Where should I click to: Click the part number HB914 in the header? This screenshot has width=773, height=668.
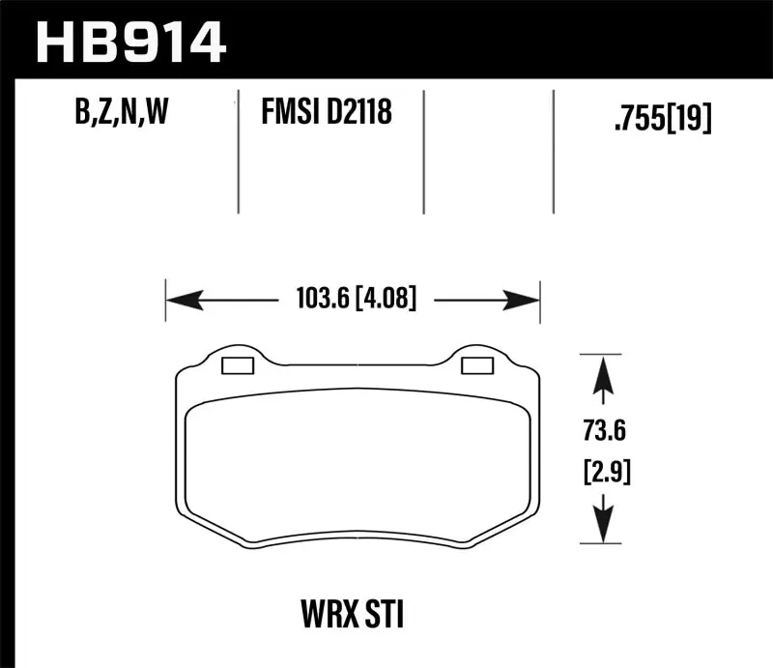click(x=130, y=42)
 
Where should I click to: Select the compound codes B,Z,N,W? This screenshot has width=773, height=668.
click(x=121, y=115)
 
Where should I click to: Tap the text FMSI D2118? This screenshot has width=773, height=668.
click(x=326, y=115)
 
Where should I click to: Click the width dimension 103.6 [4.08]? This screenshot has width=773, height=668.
click(x=352, y=301)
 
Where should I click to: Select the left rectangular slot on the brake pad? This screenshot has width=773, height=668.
click(x=237, y=365)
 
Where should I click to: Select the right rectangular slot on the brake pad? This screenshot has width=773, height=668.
click(x=476, y=365)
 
